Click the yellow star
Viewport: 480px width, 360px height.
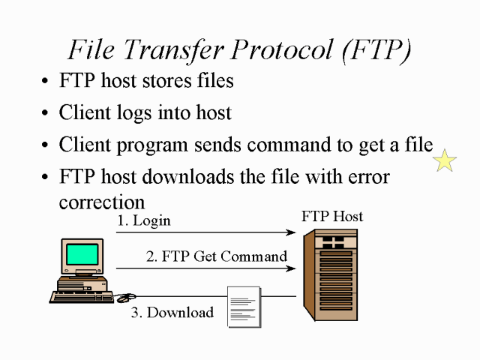click(445, 160)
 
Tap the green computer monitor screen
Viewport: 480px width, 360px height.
click(82, 254)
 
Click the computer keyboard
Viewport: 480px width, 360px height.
click(82, 297)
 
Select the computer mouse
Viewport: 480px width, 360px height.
click(126, 297)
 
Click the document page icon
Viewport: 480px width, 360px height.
click(244, 307)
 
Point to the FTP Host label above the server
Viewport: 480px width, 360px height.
click(332, 216)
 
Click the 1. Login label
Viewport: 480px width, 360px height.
click(144, 220)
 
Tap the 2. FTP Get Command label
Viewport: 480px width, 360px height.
click(217, 256)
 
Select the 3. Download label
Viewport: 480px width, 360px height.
click(172, 312)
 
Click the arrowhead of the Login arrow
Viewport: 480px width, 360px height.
click(291, 232)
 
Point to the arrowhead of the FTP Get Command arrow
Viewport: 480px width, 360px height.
click(291, 268)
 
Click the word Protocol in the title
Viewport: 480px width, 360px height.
click(282, 49)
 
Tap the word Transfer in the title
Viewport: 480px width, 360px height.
click(173, 50)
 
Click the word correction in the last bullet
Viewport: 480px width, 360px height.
click(102, 202)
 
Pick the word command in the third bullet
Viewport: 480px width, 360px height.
click(289, 144)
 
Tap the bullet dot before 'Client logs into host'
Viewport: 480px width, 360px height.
click(45, 112)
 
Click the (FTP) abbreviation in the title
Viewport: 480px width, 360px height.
click(376, 50)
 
